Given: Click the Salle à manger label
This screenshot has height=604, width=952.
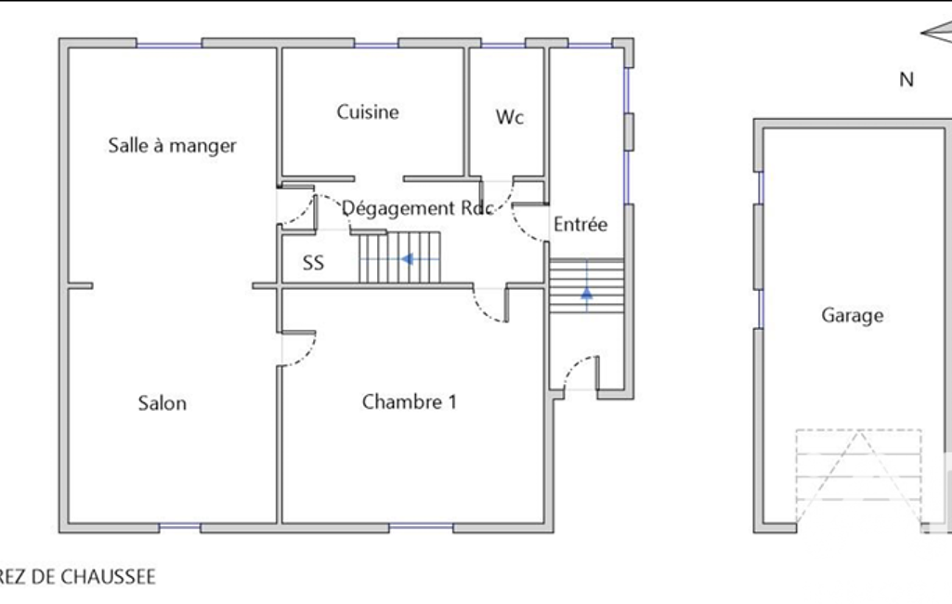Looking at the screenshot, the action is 173,146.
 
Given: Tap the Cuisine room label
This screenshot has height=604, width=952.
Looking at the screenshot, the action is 368,112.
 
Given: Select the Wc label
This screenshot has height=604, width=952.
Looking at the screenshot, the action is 509,117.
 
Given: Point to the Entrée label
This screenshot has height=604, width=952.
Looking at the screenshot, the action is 580,224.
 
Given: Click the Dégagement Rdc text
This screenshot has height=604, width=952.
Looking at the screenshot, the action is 418,208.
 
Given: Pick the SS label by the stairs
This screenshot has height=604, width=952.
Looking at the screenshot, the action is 313,262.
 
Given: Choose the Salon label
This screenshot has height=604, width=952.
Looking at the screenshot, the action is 163,403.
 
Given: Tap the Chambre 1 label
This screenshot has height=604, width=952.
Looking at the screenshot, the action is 410,401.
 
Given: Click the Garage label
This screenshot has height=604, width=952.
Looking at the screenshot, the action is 853,315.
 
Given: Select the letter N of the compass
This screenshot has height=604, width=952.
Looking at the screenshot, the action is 906,80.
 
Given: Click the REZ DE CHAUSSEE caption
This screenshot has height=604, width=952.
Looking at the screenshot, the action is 77,577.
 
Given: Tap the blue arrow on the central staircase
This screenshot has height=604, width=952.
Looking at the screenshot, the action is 407,259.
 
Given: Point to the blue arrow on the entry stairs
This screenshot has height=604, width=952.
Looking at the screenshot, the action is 586,294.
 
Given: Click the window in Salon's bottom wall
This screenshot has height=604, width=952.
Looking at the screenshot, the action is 179,528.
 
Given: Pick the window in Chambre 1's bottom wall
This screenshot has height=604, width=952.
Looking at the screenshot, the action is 422,528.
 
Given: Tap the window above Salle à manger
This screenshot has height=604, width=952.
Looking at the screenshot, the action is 169,44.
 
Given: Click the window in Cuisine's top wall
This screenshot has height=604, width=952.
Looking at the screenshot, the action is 376,44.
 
